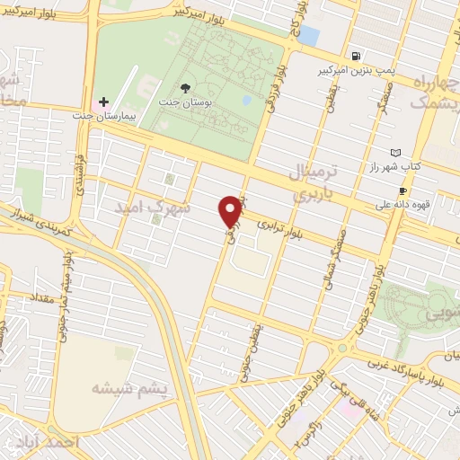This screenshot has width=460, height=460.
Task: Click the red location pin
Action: [x=230, y=210]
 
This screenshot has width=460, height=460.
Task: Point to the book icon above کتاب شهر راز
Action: [x=397, y=153]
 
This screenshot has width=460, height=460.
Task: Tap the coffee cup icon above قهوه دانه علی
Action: [x=402, y=190]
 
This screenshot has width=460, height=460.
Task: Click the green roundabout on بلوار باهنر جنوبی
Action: [x=341, y=348]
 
